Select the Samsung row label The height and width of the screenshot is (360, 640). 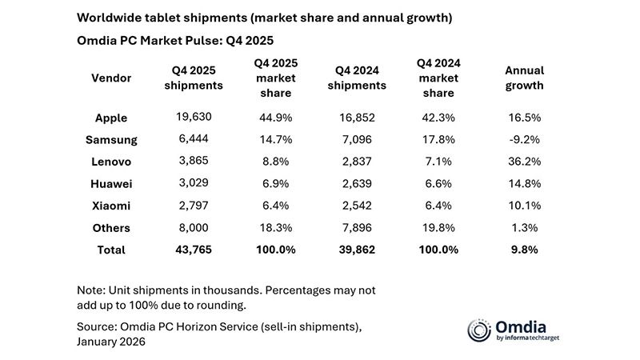111,140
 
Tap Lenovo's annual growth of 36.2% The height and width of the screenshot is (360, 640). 524,162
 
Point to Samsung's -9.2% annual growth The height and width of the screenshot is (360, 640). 524,140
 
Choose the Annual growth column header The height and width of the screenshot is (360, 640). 524,78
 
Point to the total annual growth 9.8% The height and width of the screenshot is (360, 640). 524,250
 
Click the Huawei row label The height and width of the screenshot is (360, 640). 111,184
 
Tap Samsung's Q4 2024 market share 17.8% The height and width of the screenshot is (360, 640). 439,140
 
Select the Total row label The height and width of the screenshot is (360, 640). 111,250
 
